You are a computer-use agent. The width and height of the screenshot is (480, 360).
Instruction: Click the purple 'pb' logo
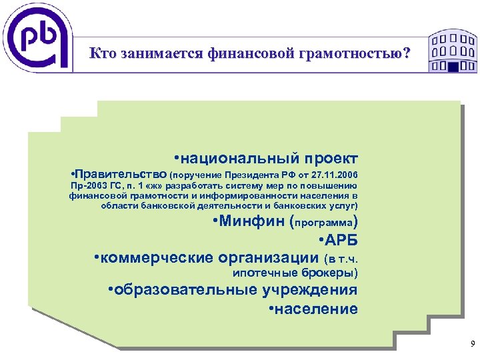(37, 39)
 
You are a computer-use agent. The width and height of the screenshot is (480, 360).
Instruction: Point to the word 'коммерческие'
(149, 257)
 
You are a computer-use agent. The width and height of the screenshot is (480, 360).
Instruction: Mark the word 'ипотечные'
(261, 273)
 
